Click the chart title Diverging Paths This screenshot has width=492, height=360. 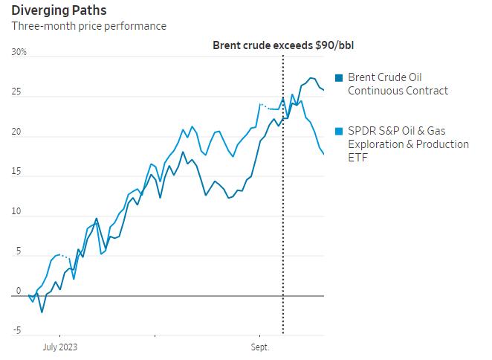(58, 10)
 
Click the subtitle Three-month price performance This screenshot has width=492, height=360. (88, 26)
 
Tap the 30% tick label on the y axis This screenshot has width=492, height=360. (19, 53)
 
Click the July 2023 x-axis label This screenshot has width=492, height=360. (59, 347)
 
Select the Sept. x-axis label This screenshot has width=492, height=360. (260, 347)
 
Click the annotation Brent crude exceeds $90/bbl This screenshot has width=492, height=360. (283, 45)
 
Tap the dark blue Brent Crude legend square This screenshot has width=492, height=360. (340, 78)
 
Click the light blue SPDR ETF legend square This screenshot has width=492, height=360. (340, 131)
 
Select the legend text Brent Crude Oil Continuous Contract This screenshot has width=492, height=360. (398, 84)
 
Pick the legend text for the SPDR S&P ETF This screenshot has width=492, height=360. (408, 144)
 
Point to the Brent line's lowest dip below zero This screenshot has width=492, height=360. (42, 312)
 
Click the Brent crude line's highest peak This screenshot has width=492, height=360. (311, 78)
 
